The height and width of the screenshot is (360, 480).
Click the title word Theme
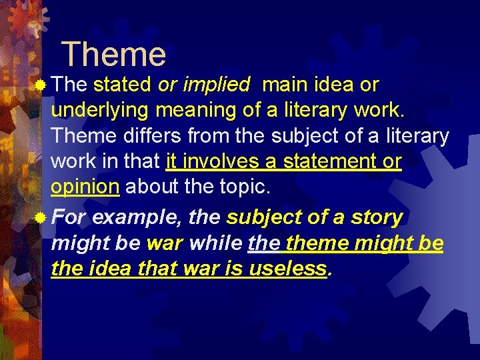pos(113,55)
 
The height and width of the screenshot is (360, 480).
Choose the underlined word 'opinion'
pos(85,187)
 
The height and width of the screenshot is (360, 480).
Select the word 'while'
pos(215,243)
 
